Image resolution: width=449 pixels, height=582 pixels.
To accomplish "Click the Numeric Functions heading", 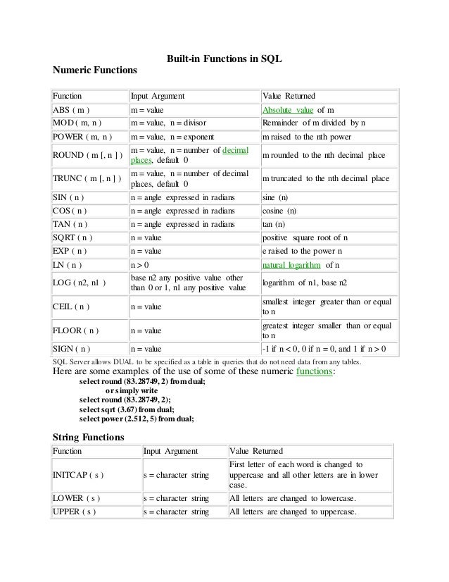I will tap(96, 71).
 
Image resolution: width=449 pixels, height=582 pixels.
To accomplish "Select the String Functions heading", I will tap(89, 437).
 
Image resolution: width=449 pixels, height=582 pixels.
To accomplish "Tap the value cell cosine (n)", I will tap(279, 211).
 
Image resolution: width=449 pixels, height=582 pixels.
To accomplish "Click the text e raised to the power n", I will tap(302, 251).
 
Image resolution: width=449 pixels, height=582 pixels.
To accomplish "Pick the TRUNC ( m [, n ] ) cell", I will tap(87, 179).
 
